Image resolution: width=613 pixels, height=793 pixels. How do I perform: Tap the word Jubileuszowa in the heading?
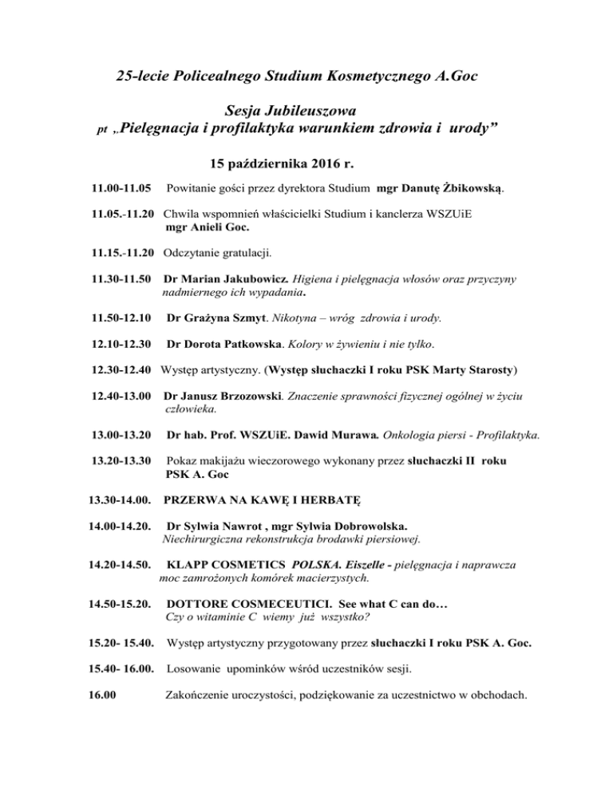(x=310, y=105)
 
